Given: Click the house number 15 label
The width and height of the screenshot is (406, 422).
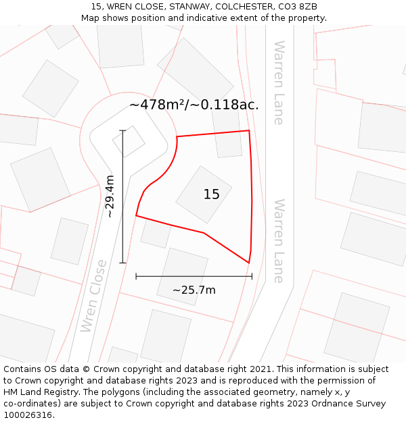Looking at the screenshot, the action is coord(211,194).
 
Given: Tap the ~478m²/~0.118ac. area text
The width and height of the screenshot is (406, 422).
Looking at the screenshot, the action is coord(194,105).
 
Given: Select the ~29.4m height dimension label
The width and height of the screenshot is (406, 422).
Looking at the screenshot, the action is coord(110,196).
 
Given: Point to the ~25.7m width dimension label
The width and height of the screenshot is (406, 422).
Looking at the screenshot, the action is coord(194,290).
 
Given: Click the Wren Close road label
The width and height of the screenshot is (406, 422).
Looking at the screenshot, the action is coord(93,296).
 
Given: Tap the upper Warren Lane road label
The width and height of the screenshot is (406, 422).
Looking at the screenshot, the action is coord(278,82).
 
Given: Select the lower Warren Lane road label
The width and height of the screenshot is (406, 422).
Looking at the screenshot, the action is coord(278,240).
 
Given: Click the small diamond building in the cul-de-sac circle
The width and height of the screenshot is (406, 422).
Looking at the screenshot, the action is coord(129,141).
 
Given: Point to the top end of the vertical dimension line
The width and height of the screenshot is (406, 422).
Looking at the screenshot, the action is coord(122,130).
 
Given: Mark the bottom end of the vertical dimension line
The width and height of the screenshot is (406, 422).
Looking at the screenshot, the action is coord(122,263).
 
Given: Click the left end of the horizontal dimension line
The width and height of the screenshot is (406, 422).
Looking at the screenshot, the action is coord(136,275).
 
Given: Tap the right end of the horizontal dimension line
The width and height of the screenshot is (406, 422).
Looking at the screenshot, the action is coord(252,275).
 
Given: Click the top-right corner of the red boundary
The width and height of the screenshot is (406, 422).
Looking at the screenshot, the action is coord(249,130).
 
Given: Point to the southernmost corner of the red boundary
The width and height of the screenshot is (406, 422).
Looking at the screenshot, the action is coord(248,263).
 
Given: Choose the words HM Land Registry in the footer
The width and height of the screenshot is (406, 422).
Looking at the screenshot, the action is coord(38,392).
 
